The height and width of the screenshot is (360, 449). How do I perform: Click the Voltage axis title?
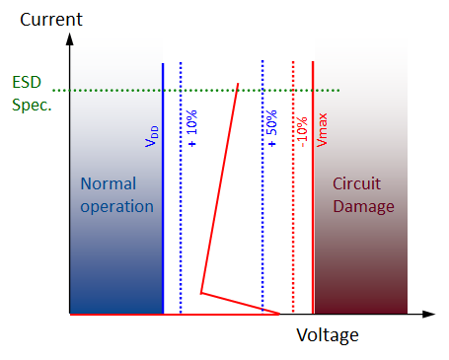[x=328, y=335]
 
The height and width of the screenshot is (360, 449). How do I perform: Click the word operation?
[x=117, y=206]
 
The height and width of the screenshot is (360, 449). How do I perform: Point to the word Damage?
[x=363, y=206]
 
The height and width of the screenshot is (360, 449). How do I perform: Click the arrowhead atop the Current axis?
[x=70, y=38]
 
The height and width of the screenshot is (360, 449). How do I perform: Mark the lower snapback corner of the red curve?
[x=201, y=293]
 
